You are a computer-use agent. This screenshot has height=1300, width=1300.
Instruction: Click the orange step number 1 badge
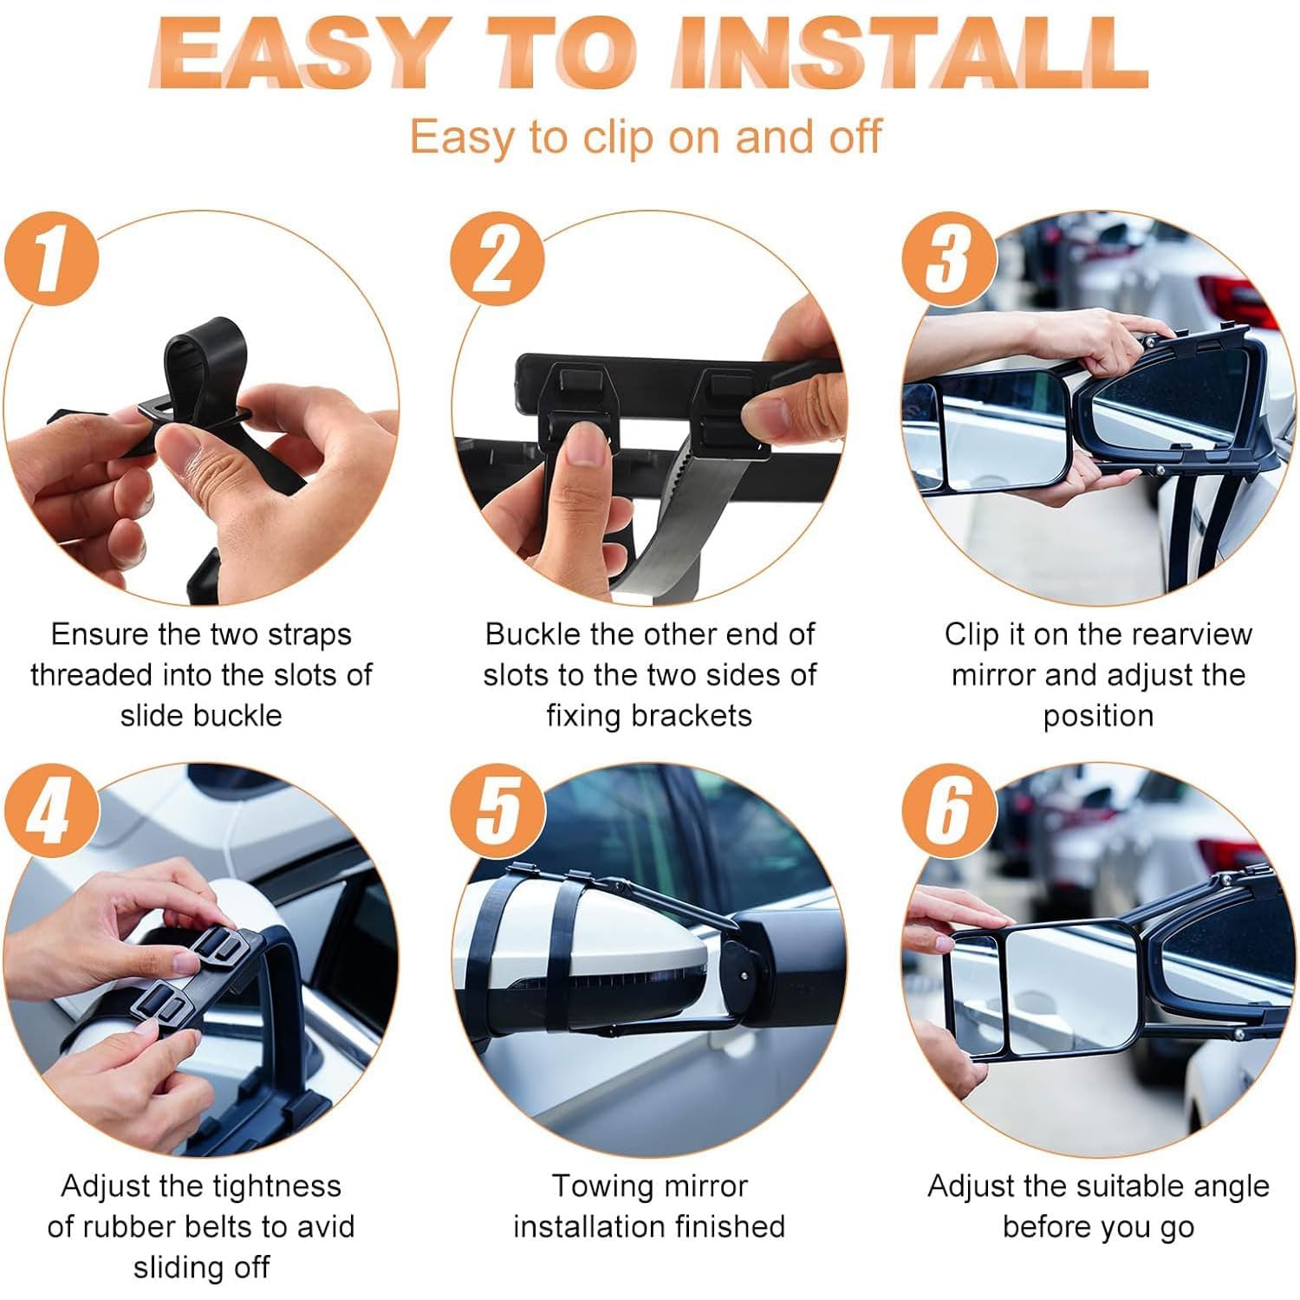[x=52, y=258]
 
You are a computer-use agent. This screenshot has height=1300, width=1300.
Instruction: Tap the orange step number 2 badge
[x=497, y=258]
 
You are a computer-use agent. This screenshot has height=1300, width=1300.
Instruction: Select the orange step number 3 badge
[x=948, y=258]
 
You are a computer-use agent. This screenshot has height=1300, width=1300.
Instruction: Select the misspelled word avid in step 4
[x=325, y=1226]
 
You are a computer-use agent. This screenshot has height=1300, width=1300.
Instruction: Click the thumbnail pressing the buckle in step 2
[x=584, y=447]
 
